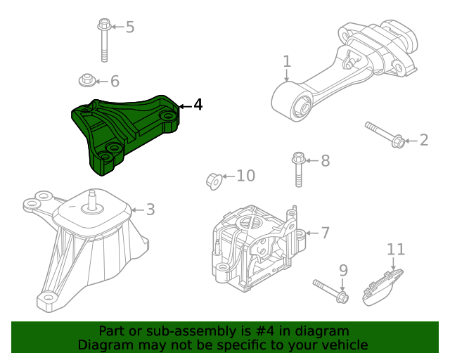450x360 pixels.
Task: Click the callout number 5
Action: tap(129, 27)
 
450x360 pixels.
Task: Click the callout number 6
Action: tap(115, 81)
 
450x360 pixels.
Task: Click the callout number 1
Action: tap(287, 62)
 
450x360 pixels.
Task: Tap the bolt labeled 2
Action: tap(384, 134)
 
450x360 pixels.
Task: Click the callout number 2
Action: tap(423, 141)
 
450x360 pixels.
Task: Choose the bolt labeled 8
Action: tap(298, 169)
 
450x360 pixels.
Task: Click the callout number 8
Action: tap(325, 161)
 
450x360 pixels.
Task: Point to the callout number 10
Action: tap(245, 175)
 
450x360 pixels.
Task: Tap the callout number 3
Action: tap(150, 210)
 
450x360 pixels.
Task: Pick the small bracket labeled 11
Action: tap(382, 287)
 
